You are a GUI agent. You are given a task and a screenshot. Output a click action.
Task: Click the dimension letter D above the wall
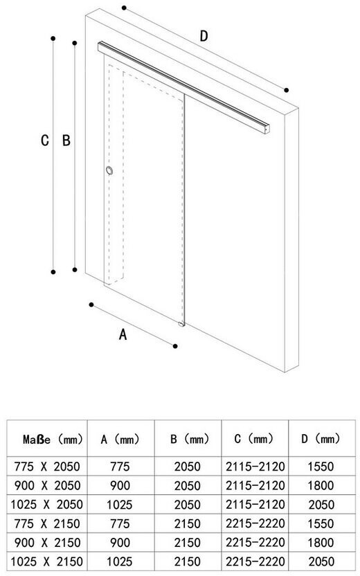pos(204,36)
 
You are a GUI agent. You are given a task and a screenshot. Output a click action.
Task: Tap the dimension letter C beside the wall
pos(45,141)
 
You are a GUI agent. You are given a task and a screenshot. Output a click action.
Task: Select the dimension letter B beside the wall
pos(66,141)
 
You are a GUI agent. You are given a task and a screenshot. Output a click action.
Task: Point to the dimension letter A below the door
pos(123,334)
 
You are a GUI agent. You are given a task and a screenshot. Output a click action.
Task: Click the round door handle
pos(109,170)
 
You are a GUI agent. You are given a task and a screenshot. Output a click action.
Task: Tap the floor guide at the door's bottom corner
pos(181,325)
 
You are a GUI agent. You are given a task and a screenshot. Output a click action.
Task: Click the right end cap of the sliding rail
pos(267,129)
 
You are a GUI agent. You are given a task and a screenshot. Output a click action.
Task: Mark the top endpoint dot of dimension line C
pos(53,38)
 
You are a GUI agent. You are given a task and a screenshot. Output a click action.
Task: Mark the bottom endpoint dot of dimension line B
pos(75,269)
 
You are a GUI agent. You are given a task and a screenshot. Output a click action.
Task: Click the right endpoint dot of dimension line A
pos(175,346)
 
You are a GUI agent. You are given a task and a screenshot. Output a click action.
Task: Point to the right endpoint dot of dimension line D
pos(287,90)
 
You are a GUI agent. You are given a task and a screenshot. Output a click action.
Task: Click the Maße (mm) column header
pos(53,440)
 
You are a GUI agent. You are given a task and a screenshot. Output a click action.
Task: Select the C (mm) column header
pos(254,439)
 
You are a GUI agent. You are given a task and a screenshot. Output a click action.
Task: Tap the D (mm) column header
pos(321,439)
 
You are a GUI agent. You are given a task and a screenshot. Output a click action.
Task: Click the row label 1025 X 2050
pos(46,505)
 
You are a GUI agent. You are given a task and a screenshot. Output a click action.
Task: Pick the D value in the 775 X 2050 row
pos(321,467)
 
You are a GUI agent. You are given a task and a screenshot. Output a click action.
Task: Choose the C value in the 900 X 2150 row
pos(255,543)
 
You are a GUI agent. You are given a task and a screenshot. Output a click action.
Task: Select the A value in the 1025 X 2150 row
pos(120,561)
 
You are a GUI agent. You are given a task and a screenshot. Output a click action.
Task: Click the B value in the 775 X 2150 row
pos(188,523)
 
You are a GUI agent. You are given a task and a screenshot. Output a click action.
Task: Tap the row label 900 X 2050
pos(47,485)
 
